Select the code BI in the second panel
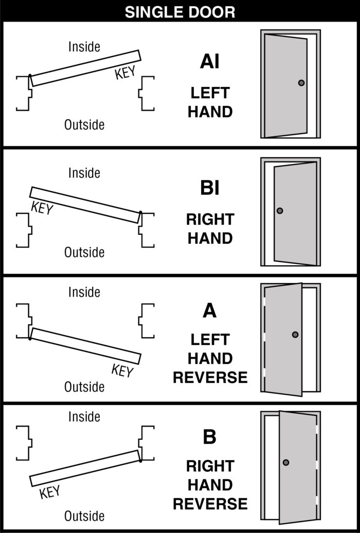click(x=209, y=188)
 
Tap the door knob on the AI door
click(x=301, y=83)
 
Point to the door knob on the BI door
click(x=280, y=211)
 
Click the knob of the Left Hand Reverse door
click(x=295, y=335)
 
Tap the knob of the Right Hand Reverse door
click(x=286, y=463)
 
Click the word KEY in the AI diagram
click(x=125, y=73)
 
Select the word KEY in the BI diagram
click(x=42, y=208)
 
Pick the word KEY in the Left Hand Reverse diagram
click(x=122, y=370)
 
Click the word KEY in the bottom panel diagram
click(x=50, y=492)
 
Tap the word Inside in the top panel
click(x=84, y=47)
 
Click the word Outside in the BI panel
click(x=84, y=252)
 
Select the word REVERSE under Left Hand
click(x=210, y=377)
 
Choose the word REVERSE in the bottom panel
click(x=210, y=504)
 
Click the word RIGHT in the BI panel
click(x=210, y=220)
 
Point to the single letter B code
click(x=209, y=437)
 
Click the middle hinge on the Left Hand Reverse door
click(x=264, y=336)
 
